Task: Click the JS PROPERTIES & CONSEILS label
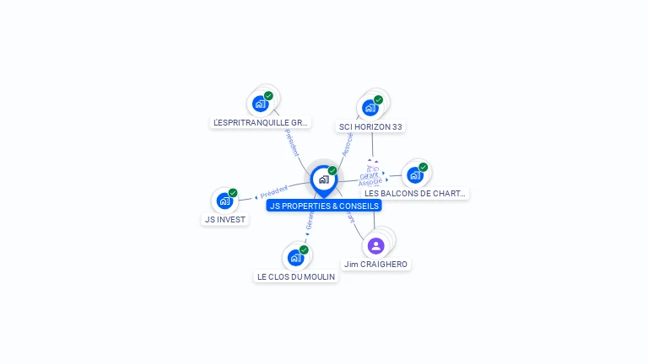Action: tap(324, 206)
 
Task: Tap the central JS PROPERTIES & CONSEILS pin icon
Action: tap(324, 179)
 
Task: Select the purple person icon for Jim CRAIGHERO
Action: tap(376, 245)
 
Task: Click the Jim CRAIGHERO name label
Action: tap(375, 265)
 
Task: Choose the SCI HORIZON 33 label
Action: tap(371, 127)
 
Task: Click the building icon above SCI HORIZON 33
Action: tap(370, 108)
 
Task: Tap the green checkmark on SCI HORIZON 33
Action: tap(378, 99)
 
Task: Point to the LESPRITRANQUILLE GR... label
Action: tap(261, 122)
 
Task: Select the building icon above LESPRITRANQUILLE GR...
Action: tap(260, 104)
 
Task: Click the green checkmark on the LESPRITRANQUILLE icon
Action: tap(268, 95)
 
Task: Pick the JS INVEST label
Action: tap(225, 219)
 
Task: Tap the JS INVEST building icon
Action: tap(224, 201)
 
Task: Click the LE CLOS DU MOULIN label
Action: tap(296, 276)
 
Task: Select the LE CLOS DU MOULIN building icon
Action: tap(295, 257)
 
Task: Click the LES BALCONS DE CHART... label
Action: tap(415, 193)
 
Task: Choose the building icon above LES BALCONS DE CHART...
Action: tap(414, 174)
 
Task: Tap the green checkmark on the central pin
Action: tap(332, 171)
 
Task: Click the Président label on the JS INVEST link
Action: tap(274, 191)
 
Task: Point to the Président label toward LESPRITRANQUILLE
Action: tap(291, 142)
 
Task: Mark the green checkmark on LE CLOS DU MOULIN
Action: tap(304, 249)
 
